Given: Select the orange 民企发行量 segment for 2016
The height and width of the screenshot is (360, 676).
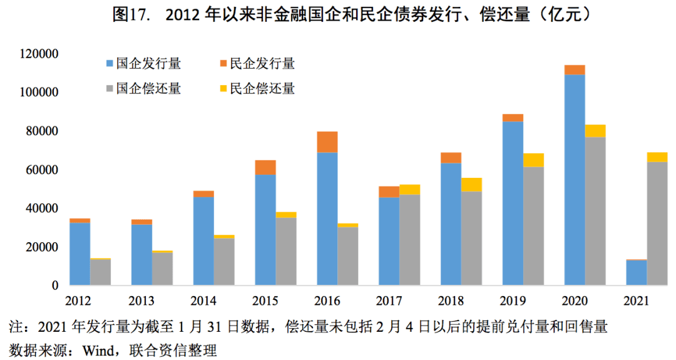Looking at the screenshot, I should [327, 142].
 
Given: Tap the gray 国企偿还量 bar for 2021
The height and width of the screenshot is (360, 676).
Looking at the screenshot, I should [657, 224].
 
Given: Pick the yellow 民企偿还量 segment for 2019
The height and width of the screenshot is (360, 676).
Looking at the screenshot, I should [533, 160].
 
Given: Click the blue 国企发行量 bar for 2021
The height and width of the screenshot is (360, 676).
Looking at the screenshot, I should [637, 272].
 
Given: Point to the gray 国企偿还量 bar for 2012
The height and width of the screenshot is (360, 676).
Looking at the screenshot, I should [100, 272].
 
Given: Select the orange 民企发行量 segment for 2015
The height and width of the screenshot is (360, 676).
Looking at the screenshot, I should [265, 168].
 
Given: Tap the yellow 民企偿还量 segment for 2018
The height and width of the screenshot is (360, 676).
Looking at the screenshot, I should [471, 185].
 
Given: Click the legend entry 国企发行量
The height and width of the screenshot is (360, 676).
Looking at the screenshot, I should [143, 63].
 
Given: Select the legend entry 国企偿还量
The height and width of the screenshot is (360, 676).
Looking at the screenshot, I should [143, 88].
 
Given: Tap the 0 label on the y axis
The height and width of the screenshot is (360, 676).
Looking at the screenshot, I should [54, 285].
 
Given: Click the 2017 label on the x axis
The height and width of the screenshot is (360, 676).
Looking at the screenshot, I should [389, 301].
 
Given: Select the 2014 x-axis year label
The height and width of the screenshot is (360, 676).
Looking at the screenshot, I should [203, 301].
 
